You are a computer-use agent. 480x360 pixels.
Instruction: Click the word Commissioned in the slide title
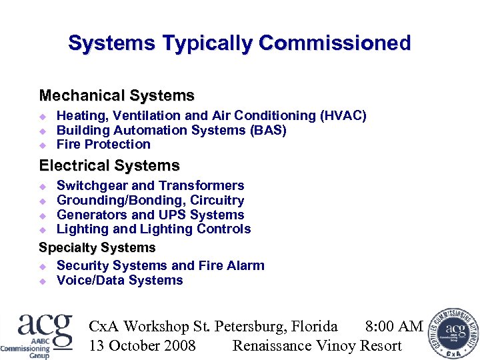click(x=335, y=44)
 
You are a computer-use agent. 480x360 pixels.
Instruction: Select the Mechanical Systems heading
click(x=117, y=96)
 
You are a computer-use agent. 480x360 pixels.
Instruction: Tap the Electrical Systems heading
click(x=109, y=165)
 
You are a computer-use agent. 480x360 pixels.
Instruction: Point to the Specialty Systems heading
click(x=97, y=248)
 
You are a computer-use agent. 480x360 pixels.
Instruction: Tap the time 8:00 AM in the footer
click(x=394, y=327)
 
